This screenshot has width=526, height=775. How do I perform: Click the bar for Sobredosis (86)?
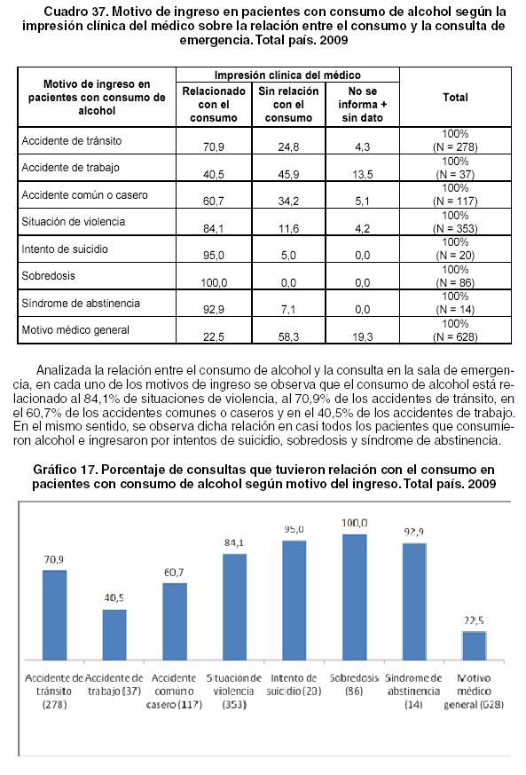[x=355, y=597]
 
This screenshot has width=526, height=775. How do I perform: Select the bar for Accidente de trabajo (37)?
[x=114, y=635]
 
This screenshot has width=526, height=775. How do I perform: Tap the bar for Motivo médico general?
[x=475, y=645]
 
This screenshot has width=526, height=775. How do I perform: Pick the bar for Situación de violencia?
[x=234, y=607]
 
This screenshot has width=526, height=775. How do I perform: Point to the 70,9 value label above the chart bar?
[x=54, y=559]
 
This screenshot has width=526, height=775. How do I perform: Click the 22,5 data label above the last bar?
[x=474, y=621]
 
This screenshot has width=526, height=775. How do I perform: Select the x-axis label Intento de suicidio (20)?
[x=294, y=684]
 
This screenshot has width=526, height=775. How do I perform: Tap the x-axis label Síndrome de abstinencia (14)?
[x=413, y=691]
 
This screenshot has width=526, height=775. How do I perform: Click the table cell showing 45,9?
[x=288, y=175]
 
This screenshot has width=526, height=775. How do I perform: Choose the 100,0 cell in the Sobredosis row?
[x=214, y=282]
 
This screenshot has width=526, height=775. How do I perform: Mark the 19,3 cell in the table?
[x=363, y=337]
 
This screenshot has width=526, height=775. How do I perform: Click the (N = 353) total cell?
[x=455, y=228]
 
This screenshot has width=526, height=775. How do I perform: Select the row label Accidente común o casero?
[x=84, y=194]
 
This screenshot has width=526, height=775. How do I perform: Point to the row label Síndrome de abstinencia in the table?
[x=81, y=303]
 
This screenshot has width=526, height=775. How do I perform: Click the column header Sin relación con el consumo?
[x=288, y=104]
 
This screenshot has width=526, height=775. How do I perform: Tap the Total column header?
[x=455, y=98]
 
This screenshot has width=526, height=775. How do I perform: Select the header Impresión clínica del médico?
[x=287, y=75]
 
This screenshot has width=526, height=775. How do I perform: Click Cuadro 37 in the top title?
[x=72, y=12]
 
